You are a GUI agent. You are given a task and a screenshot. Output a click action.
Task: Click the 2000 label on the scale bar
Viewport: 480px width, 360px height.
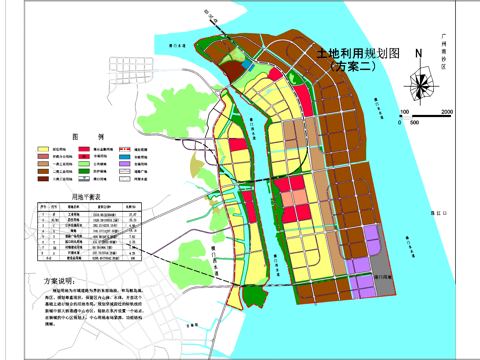pos(446,111)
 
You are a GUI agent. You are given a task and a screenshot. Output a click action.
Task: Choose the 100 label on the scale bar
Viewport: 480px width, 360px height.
pos(404,111)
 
